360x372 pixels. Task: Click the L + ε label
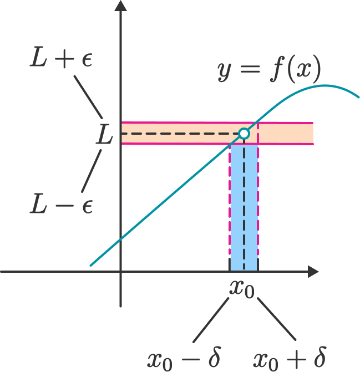click(x=61, y=57)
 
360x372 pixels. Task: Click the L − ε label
click(x=61, y=204)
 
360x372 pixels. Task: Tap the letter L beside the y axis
click(x=104, y=134)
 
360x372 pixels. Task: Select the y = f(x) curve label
click(x=270, y=69)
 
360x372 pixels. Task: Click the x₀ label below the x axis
click(x=242, y=290)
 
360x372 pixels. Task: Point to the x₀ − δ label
click(x=184, y=359)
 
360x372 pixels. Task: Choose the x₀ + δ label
click(x=290, y=359)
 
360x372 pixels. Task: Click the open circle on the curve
click(x=244, y=134)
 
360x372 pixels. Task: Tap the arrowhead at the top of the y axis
click(x=120, y=5)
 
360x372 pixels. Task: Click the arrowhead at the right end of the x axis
click(x=313, y=272)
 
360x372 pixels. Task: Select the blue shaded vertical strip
click(x=244, y=207)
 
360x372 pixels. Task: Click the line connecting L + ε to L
click(x=88, y=97)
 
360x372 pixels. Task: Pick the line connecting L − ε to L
click(x=92, y=171)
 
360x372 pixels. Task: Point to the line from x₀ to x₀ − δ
click(x=211, y=320)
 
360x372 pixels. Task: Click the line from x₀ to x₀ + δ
click(x=277, y=319)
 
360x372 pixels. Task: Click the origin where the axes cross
click(x=121, y=272)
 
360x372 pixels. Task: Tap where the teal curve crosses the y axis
click(x=121, y=239)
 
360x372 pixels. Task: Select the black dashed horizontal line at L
click(x=180, y=134)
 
